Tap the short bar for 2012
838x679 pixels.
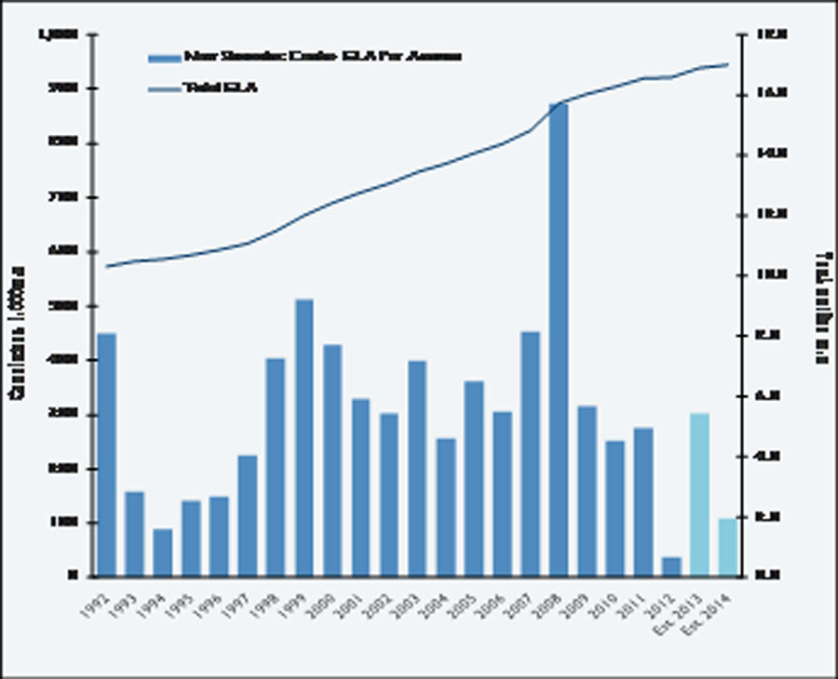[x=671, y=566]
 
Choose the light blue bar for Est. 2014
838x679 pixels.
[x=727, y=547]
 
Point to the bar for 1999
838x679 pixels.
[x=304, y=437]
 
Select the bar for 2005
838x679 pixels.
[x=473, y=478]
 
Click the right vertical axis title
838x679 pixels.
[x=821, y=307]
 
